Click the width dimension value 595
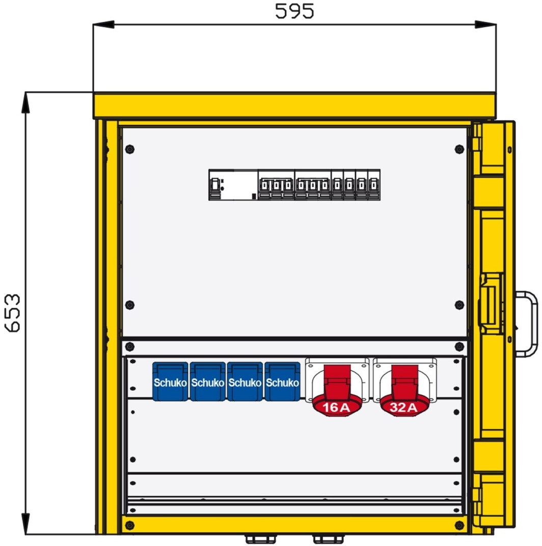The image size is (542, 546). click(294, 11)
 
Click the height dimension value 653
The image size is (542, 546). click(13, 313)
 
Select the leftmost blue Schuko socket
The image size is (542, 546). click(170, 381)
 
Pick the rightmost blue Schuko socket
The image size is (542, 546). click(282, 381)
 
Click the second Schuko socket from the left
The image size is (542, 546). click(208, 381)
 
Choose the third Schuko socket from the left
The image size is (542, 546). click(245, 381)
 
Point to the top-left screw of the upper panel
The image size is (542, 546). click(129, 149)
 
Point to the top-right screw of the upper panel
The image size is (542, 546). click(459, 149)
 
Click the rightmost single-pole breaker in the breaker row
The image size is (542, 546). click(374, 185)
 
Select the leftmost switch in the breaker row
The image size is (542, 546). click(215, 185)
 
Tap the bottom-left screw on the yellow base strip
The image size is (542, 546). click(129, 525)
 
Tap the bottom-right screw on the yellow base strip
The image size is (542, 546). click(459, 525)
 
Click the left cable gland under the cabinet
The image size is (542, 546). click(260, 539)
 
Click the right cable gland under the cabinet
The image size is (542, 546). click(328, 539)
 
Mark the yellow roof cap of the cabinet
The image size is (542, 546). click(294, 105)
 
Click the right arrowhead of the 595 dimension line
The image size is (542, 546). click(485, 24)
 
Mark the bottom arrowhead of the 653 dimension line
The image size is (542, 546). click(25, 524)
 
